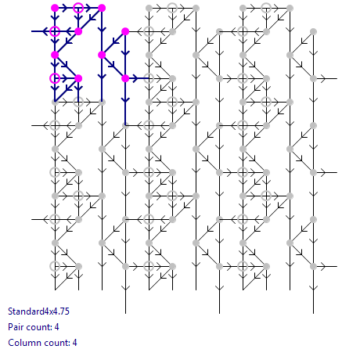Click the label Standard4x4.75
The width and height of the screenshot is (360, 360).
coord(38,311)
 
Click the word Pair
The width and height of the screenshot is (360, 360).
coord(16,327)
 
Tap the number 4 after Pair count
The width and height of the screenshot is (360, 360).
coord(57,327)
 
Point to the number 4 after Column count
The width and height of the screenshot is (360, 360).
coord(74,343)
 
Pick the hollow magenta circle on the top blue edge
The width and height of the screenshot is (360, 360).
coord(78,8)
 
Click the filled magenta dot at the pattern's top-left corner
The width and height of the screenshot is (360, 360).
coord(55,8)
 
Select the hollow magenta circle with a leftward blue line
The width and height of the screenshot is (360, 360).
coord(55,31)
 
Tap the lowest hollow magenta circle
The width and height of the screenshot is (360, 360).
coord(55,78)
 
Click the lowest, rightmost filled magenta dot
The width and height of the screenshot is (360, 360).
coord(125,78)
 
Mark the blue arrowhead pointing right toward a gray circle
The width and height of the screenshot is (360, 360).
coord(135,78)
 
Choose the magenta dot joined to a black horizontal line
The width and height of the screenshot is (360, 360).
coord(125,31)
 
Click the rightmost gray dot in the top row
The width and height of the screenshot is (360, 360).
coord(290,8)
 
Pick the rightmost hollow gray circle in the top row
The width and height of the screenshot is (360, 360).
coord(266,8)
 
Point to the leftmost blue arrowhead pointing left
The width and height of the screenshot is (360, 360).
coord(45,31)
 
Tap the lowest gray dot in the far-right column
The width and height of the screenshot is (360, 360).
coord(313,266)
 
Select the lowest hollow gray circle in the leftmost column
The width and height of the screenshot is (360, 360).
coord(55,266)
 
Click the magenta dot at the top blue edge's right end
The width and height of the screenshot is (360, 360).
coord(102,8)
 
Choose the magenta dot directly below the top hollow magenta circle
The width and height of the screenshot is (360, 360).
coord(78,31)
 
